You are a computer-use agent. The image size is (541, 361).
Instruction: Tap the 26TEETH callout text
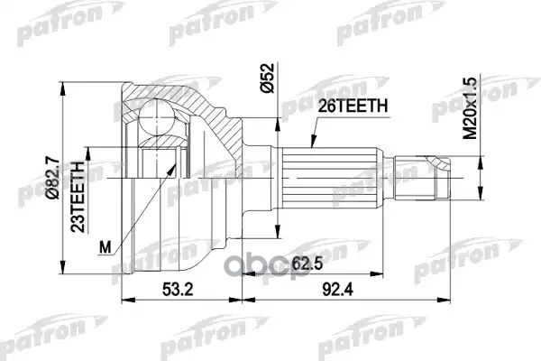click(353, 106)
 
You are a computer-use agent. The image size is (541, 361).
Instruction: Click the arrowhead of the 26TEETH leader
click(311, 144)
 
